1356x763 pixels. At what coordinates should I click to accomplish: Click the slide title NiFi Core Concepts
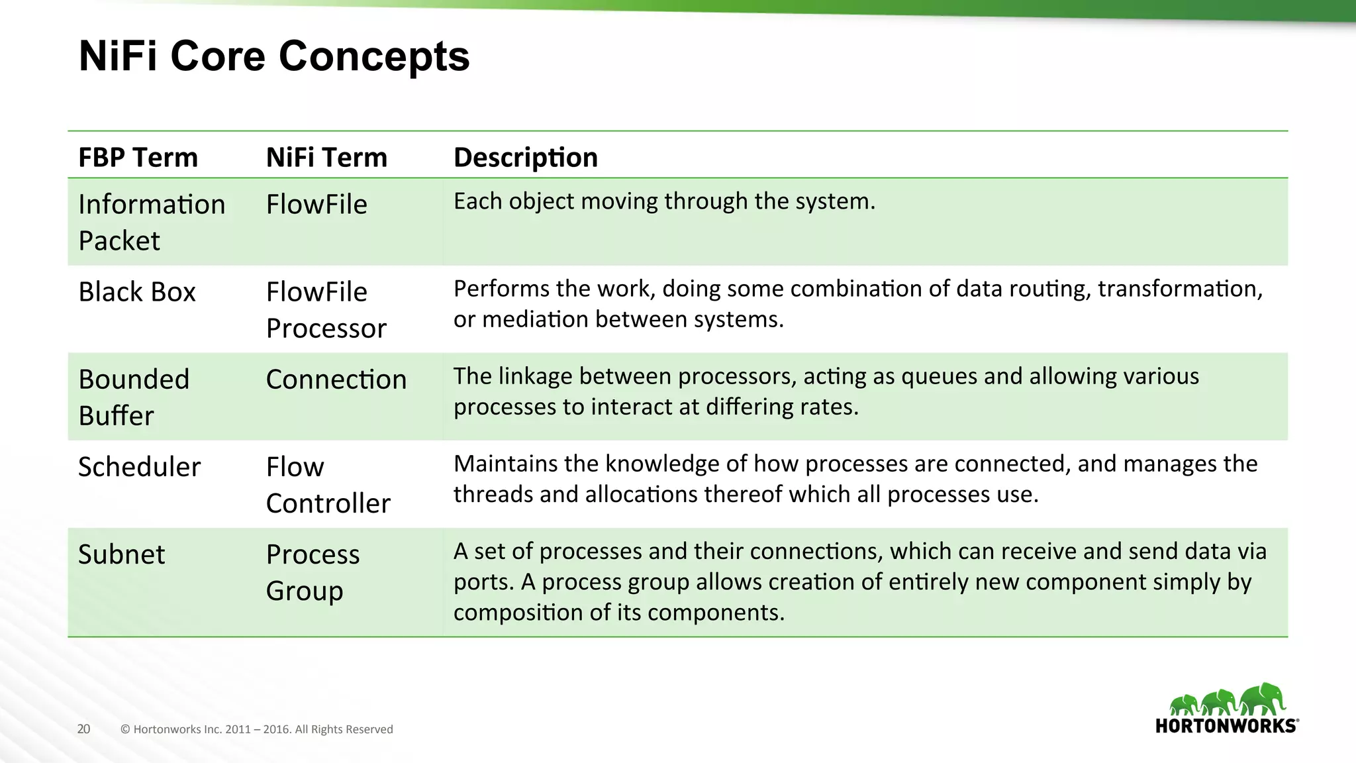[x=274, y=56]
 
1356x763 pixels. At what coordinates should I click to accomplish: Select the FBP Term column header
[x=138, y=158]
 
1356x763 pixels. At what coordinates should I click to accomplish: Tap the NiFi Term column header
[x=326, y=158]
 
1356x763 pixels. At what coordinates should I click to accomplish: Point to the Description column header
[x=525, y=158]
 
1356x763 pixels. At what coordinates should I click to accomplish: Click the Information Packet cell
[x=151, y=222]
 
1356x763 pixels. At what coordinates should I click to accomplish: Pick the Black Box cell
[x=137, y=292]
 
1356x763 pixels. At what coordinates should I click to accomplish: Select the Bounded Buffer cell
[x=134, y=397]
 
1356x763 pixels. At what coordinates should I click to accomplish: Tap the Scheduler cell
[x=139, y=467]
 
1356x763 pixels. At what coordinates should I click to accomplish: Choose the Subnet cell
[x=121, y=554]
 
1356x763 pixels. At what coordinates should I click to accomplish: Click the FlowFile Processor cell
[x=326, y=309]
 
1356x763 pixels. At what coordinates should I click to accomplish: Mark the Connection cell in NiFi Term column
[x=336, y=380]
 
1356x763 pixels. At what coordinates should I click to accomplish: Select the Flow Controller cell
[x=328, y=484]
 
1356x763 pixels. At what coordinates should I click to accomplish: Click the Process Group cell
[x=313, y=572]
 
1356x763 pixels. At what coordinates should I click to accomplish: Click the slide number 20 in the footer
[x=83, y=729]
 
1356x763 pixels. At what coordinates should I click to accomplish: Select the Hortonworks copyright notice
[x=257, y=729]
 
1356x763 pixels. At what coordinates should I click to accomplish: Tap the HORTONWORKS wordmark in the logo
[x=1226, y=726]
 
